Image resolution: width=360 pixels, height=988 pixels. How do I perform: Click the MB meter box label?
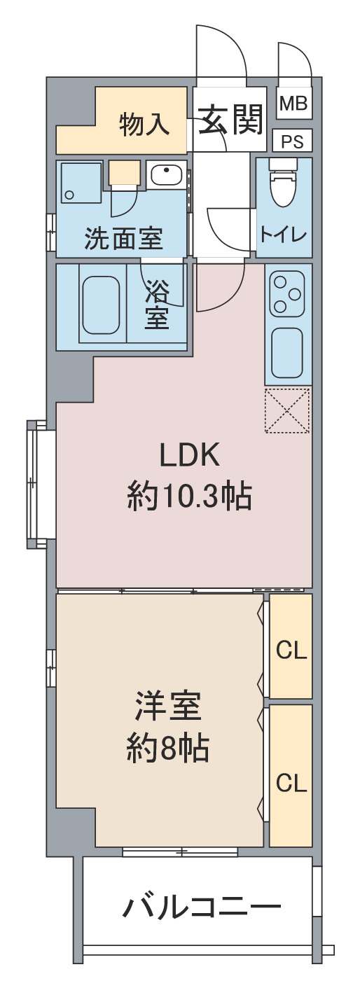click(x=293, y=104)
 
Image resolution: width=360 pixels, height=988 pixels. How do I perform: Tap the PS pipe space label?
click(x=292, y=141)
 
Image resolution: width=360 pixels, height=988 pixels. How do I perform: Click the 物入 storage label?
click(x=144, y=124)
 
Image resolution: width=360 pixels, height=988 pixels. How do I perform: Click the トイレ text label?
click(x=284, y=234)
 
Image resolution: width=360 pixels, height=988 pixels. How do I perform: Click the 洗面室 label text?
click(x=123, y=239)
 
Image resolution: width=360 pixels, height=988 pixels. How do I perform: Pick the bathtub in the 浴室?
click(x=102, y=305)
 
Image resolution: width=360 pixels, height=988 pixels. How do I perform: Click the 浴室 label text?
click(x=156, y=305)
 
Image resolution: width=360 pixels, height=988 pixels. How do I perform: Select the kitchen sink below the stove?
click(x=287, y=354)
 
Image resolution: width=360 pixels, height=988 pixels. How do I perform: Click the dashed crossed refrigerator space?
click(x=287, y=410)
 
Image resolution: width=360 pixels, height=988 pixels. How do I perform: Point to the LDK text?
click(x=190, y=456)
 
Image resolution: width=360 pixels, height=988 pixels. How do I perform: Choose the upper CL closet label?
click(x=291, y=651)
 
